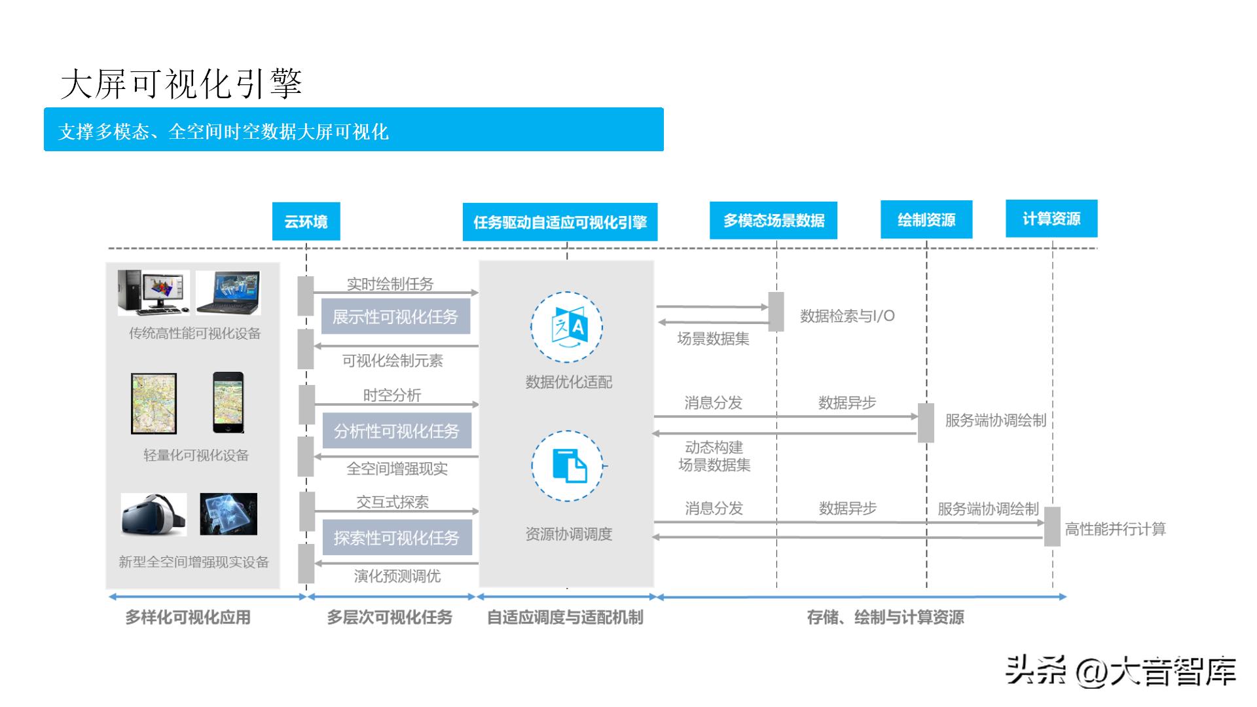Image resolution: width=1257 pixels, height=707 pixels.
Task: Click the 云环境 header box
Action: [306, 221]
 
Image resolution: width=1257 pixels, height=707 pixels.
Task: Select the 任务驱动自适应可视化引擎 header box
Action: [560, 222]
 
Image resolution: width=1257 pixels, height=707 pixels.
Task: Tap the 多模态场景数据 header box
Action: [773, 221]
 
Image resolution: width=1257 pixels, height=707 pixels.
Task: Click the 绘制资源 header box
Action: [926, 220]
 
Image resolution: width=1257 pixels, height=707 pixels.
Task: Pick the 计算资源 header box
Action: [1051, 219]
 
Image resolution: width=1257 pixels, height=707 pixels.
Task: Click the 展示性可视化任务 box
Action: [395, 317]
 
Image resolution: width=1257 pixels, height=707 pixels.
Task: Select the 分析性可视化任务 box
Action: [397, 431]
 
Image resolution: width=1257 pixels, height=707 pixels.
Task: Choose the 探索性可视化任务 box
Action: [397, 538]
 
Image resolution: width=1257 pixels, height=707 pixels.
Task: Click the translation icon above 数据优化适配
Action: [567, 327]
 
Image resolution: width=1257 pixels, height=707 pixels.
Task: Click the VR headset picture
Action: [154, 515]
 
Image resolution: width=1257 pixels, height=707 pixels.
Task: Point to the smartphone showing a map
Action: [228, 403]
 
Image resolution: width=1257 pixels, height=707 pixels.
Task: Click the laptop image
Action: [228, 292]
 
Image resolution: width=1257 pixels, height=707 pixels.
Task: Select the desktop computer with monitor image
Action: [153, 292]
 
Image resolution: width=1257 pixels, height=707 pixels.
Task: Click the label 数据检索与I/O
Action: [847, 316]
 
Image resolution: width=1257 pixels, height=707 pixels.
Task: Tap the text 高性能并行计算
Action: [1115, 529]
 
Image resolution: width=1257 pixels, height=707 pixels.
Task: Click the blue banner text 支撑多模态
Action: [223, 132]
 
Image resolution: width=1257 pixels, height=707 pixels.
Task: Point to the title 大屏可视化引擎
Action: [181, 84]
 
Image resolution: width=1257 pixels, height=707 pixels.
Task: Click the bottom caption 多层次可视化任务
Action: [390, 617]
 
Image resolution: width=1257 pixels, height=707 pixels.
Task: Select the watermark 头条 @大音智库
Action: [1120, 671]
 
